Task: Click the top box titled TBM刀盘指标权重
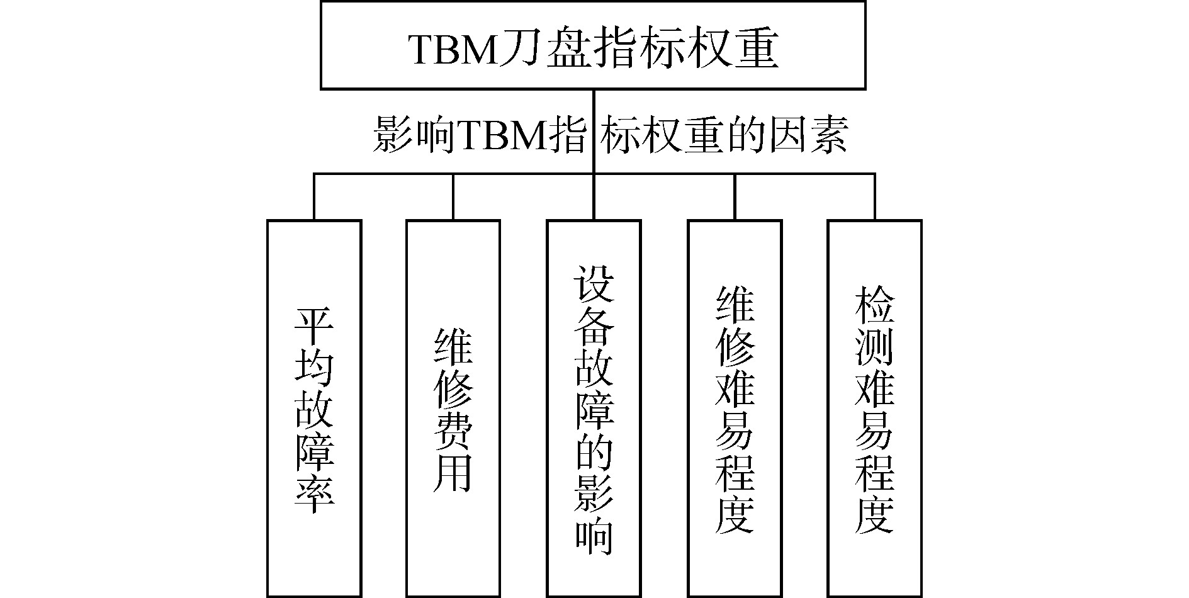point(593,44)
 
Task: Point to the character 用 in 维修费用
point(453,471)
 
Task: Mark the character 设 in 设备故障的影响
point(594,282)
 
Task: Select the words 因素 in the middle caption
point(808,135)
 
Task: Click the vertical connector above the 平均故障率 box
point(314,196)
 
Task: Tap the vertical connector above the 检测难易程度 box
point(874,196)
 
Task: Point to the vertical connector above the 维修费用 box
point(453,196)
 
